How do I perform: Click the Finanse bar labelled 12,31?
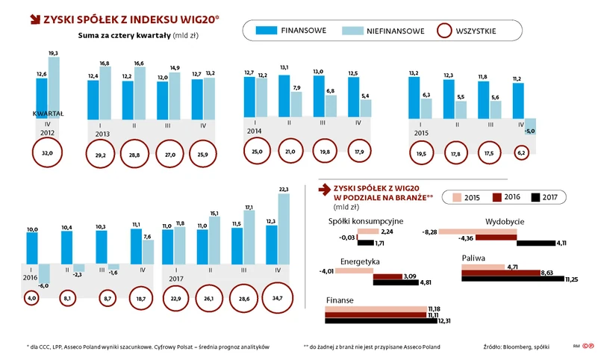376,321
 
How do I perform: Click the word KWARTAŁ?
48,114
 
